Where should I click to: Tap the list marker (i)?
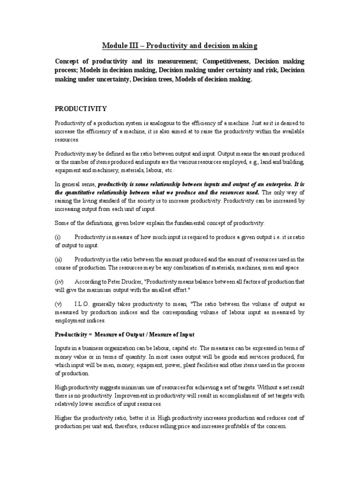point(58,237)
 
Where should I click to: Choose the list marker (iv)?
point(59,282)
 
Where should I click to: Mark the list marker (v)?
point(59,303)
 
